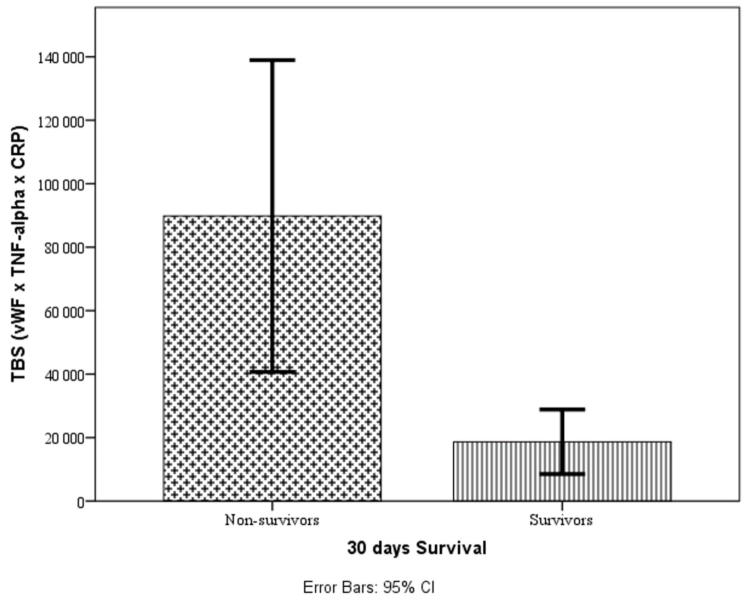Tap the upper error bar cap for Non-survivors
(272, 60)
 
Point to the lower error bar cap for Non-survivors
(272, 372)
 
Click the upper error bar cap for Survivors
(562, 410)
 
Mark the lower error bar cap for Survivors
(562, 474)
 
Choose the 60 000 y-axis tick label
(63, 311)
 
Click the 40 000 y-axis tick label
(63, 375)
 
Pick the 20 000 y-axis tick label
(63, 438)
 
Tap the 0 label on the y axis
(80, 502)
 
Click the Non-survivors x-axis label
(272, 520)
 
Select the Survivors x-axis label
(561, 520)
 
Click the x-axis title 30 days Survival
(416, 548)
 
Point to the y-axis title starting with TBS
(19, 254)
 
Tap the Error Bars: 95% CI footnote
(368, 588)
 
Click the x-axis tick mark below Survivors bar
(562, 506)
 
